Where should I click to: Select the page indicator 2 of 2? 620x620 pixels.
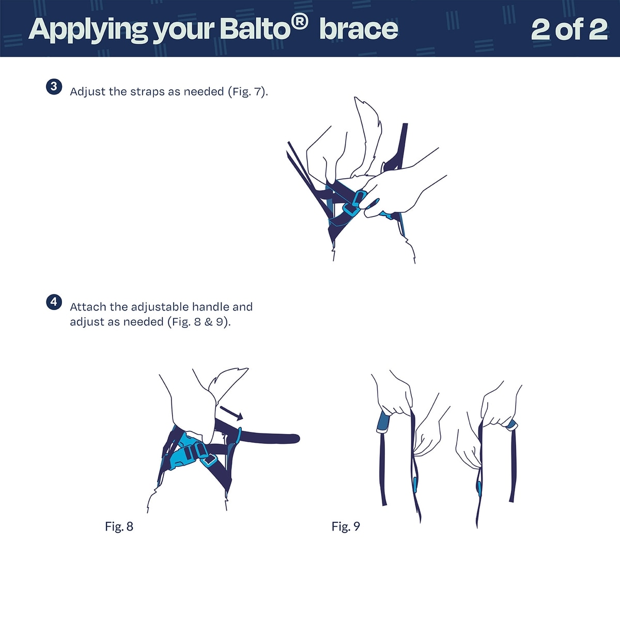[569, 30]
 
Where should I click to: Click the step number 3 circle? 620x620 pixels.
[54, 87]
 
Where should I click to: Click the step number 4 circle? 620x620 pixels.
[54, 302]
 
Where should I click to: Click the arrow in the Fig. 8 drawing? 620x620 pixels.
[231, 413]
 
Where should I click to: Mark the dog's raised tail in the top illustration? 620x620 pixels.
[368, 135]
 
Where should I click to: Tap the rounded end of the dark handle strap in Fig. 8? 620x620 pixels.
[295, 438]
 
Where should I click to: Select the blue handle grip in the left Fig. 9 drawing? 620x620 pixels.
[383, 422]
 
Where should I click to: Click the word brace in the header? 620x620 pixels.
[359, 30]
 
